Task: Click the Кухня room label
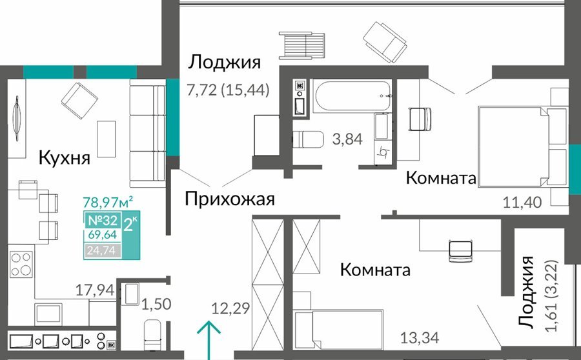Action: pyautogui.click(x=65, y=158)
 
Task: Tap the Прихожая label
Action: pyautogui.click(x=230, y=199)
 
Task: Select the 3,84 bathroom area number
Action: pyautogui.click(x=347, y=139)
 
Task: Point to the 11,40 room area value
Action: pyautogui.click(x=522, y=203)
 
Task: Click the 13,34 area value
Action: pyautogui.click(x=420, y=338)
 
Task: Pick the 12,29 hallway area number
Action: pyautogui.click(x=230, y=308)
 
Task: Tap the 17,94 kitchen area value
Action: pyautogui.click(x=95, y=290)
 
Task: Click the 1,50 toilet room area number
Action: pyautogui.click(x=156, y=305)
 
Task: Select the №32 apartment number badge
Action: pyautogui.click(x=102, y=221)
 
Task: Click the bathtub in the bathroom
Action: pyautogui.click(x=352, y=96)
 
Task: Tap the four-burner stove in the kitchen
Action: pyautogui.click(x=21, y=265)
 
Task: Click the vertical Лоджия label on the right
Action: pyautogui.click(x=526, y=292)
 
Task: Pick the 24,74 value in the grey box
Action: pyautogui.click(x=101, y=251)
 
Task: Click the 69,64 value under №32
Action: pyautogui.click(x=102, y=235)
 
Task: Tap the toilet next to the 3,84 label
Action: pyautogui.click(x=309, y=139)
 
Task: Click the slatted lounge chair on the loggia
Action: pyautogui.click(x=301, y=45)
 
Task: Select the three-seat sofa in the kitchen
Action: pyautogui.click(x=147, y=134)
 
